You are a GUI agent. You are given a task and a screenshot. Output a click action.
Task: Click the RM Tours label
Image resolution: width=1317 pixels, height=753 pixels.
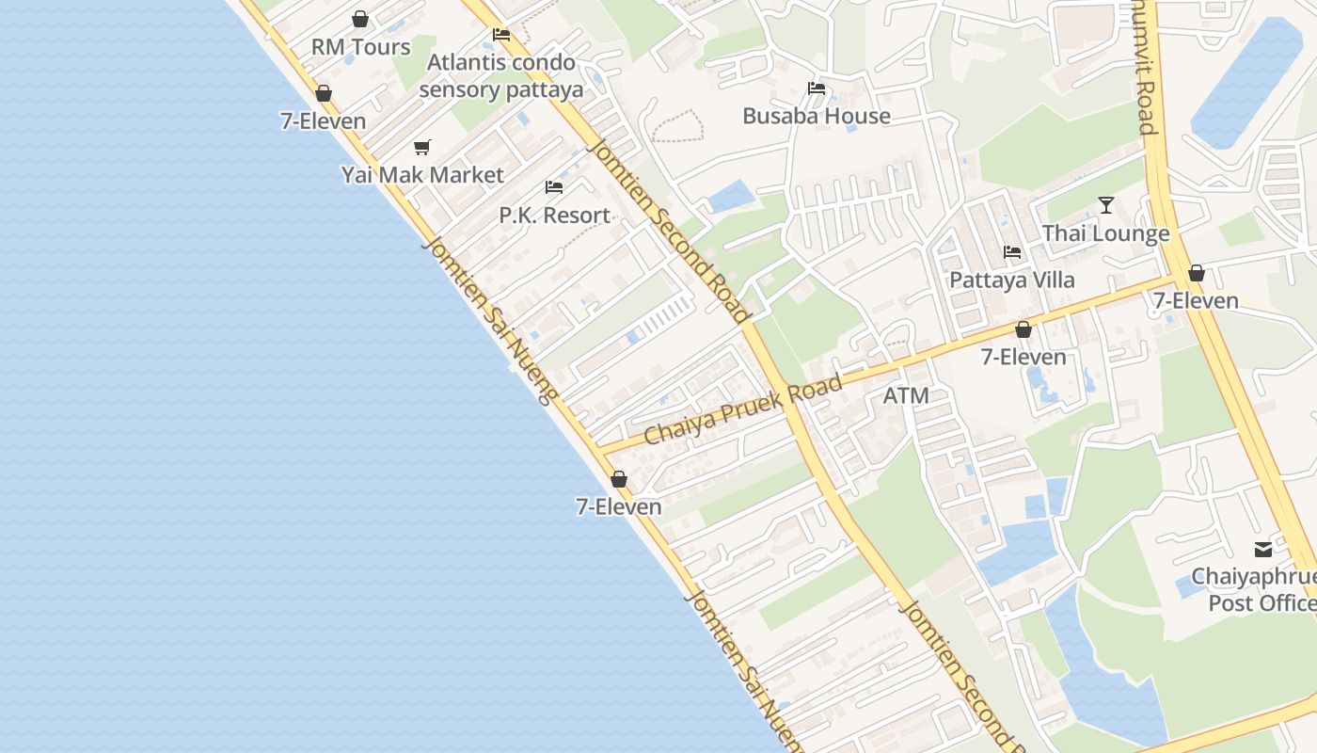click(361, 47)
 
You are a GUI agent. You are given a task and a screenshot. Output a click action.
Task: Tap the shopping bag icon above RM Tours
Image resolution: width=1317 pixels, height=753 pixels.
click(360, 19)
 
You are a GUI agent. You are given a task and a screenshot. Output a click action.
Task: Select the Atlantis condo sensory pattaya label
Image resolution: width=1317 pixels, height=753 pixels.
click(500, 76)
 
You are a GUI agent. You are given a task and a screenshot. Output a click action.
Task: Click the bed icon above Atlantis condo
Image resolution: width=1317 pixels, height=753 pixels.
click(501, 35)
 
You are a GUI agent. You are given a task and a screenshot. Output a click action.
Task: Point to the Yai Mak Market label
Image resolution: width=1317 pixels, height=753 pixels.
click(422, 175)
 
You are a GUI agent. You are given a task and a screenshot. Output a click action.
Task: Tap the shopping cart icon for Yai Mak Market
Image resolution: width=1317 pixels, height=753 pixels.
click(422, 147)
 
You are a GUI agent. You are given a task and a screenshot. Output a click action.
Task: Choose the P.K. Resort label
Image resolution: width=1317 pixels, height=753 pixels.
click(554, 216)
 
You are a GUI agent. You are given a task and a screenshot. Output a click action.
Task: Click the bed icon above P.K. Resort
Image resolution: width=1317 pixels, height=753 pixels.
click(554, 187)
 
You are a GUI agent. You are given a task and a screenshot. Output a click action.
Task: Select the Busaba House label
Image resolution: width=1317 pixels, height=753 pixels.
click(817, 117)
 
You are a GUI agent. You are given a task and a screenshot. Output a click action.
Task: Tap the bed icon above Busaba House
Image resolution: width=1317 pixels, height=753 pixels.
click(817, 88)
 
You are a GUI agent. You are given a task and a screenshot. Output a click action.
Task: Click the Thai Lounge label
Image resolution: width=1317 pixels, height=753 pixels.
click(1106, 233)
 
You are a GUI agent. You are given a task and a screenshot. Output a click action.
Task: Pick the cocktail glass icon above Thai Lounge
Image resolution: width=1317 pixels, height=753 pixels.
click(1106, 205)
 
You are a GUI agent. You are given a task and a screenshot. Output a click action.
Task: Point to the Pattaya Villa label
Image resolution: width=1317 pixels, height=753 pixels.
click(1012, 280)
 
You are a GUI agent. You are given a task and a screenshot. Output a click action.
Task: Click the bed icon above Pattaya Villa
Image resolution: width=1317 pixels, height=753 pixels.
click(1012, 252)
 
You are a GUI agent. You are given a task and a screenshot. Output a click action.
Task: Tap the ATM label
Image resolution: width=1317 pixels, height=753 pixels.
click(906, 396)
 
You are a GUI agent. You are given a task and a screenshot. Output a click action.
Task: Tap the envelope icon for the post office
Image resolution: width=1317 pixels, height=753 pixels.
click(1262, 549)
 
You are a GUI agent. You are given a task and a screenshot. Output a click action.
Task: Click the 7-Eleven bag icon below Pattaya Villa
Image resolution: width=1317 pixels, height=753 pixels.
click(1023, 329)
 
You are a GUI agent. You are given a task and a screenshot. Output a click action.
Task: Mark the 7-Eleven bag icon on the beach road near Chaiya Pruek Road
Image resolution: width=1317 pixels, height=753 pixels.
click(619, 479)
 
